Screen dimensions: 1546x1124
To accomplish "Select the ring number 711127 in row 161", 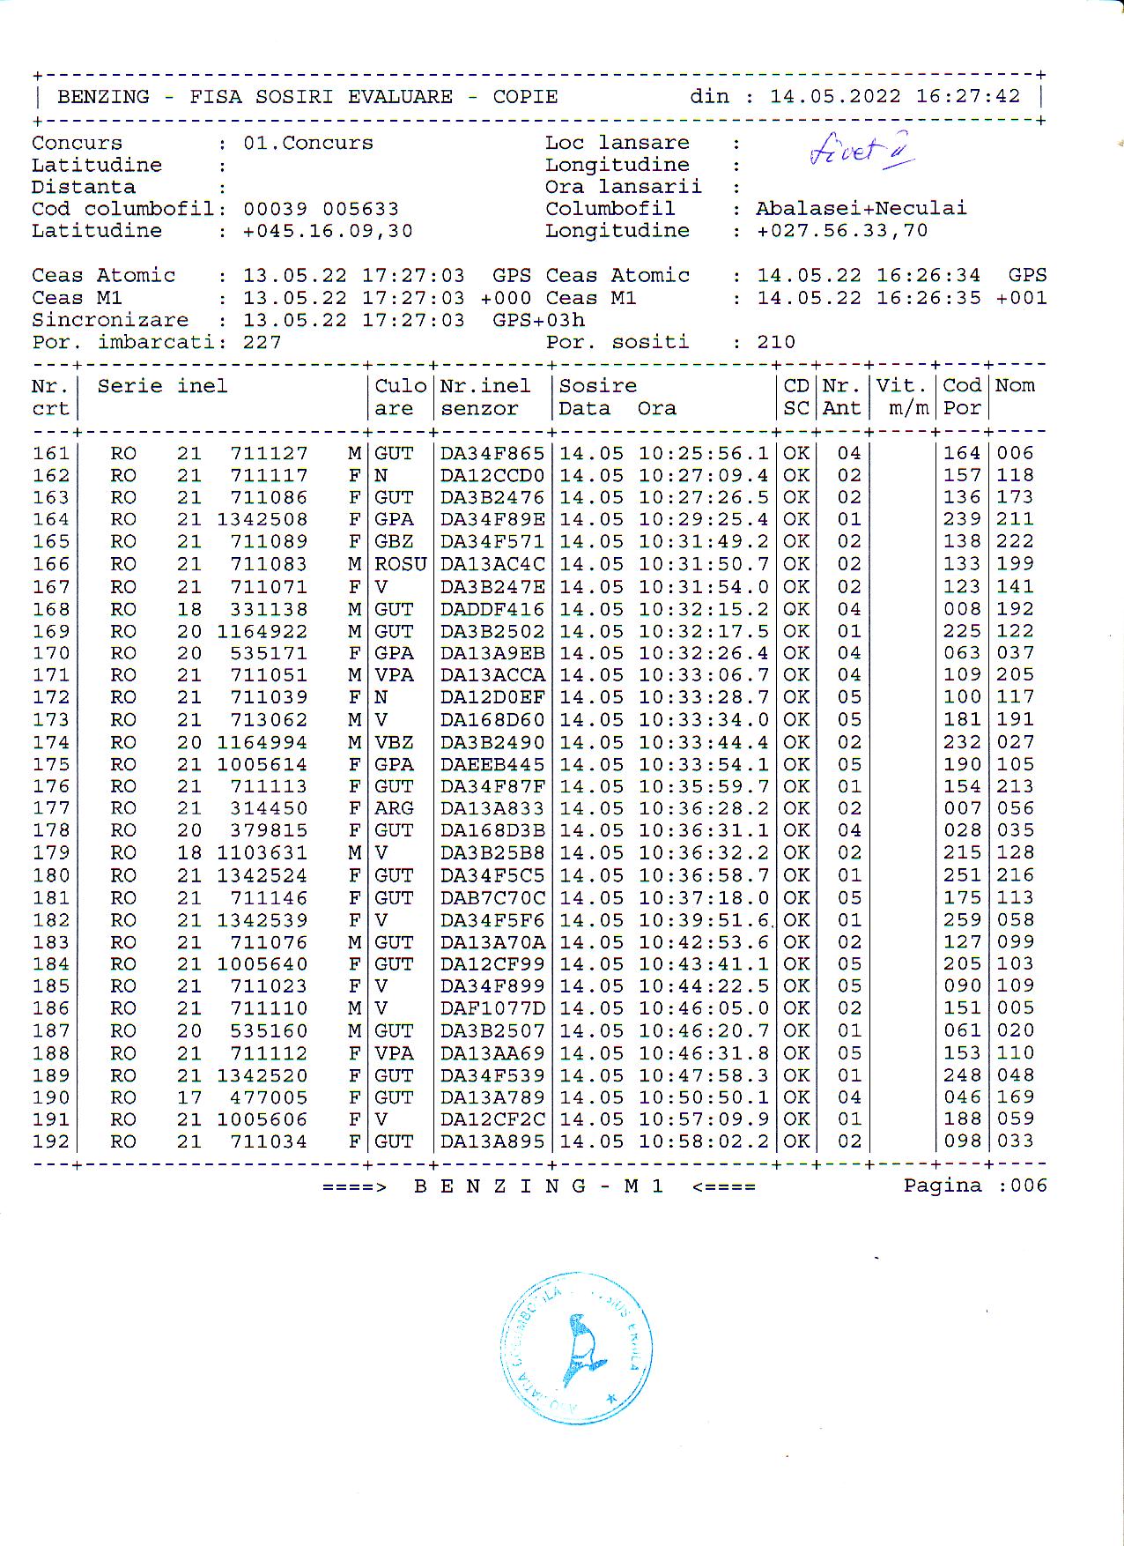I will coord(269,453).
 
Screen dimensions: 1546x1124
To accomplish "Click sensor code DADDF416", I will coord(492,609).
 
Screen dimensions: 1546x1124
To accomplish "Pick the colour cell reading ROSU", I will coord(400,564).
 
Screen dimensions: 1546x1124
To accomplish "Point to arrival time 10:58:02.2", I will coord(703,1141).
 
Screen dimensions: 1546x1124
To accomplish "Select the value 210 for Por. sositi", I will coord(776,342).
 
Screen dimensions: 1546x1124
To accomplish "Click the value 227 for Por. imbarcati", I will coord(262,342).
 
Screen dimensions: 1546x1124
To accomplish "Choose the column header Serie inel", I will coord(162,386).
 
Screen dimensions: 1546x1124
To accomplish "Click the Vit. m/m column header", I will coord(902,397).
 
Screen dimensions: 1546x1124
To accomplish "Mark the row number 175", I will coord(50,764).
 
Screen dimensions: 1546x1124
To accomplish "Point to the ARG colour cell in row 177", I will coord(394,808).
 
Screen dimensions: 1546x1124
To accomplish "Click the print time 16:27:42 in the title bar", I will coord(967,96).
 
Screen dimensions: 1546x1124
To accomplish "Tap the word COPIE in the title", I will coord(525,97).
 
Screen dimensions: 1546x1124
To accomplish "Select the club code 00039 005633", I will coord(321,209).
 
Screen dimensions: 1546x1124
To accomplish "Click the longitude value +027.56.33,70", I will coord(842,231).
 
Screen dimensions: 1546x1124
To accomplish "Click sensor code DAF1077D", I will coord(492,1008).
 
